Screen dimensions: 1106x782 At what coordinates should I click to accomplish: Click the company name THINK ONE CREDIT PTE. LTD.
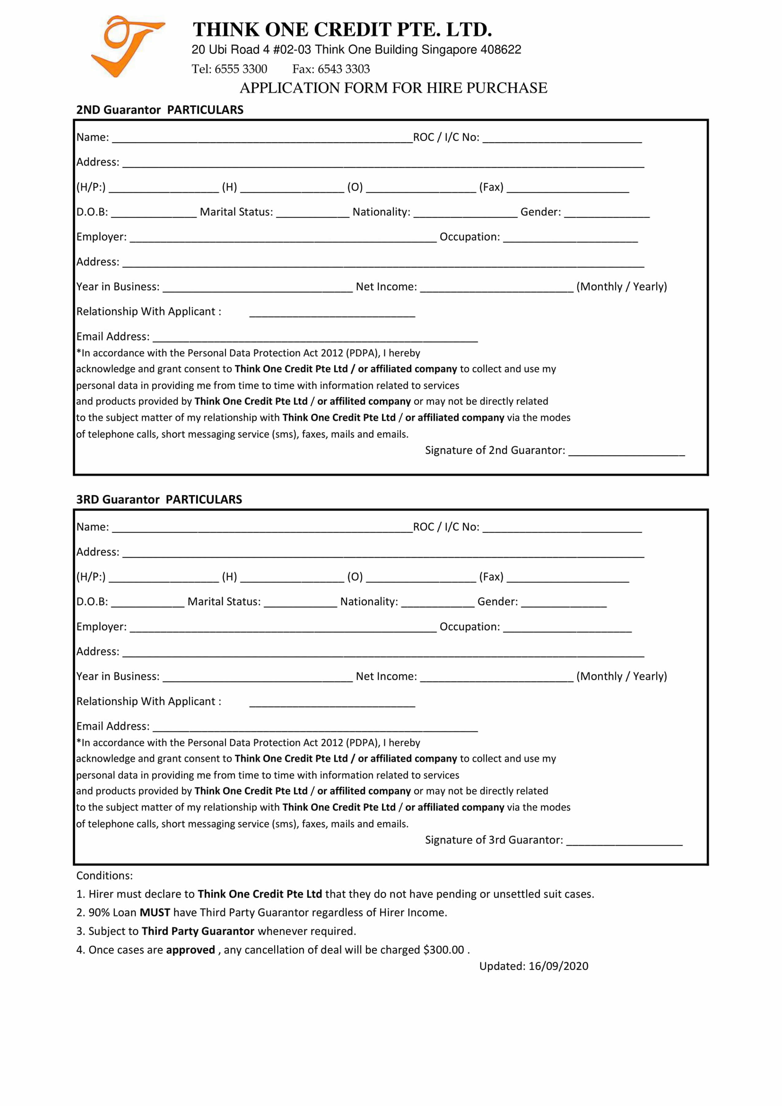point(342,30)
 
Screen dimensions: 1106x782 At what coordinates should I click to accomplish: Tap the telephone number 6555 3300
point(241,69)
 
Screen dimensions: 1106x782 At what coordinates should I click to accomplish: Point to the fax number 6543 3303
point(343,69)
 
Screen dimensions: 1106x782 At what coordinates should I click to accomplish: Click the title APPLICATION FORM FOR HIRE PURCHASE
point(393,88)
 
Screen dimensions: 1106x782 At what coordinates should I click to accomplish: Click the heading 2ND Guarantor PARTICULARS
point(160,110)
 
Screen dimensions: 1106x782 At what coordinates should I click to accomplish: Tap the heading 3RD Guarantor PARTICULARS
point(159,500)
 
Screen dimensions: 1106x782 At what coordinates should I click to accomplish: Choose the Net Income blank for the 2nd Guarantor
point(496,288)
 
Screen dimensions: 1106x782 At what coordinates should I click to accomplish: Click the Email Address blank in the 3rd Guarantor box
point(315,728)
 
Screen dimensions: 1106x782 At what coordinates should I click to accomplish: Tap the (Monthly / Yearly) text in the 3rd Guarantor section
point(622,676)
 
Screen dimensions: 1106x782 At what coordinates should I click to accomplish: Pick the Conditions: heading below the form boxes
point(105,875)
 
